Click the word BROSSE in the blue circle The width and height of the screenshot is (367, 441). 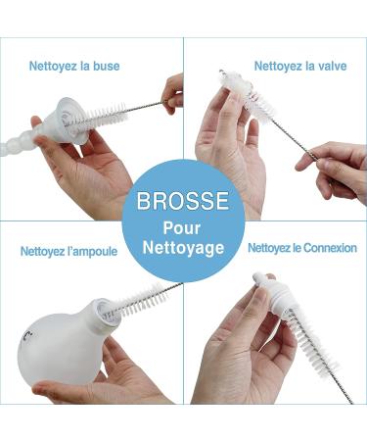coord(183,201)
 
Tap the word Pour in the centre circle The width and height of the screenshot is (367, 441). coord(182,227)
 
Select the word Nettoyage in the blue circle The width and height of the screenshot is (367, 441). coord(183,247)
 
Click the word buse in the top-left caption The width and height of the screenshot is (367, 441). coord(107,66)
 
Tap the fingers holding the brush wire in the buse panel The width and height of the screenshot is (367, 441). coord(173,93)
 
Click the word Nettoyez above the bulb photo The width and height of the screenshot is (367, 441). coord(41,252)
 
